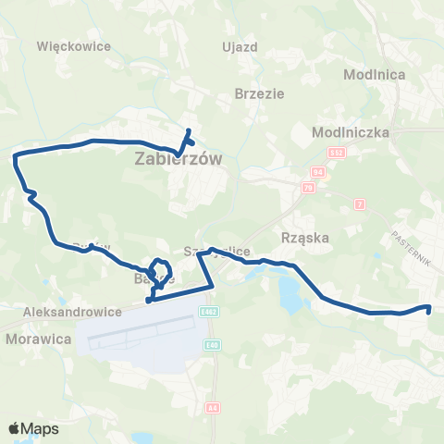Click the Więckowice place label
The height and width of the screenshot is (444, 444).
(73, 45)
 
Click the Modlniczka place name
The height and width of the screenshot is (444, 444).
(347, 131)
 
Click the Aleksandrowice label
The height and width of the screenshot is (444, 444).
(75, 313)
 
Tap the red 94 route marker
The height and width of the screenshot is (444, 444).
(320, 172)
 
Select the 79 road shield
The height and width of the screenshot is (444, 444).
(307, 188)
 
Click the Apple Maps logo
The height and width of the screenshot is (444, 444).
(33, 429)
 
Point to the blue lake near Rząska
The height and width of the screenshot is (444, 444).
(288, 294)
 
